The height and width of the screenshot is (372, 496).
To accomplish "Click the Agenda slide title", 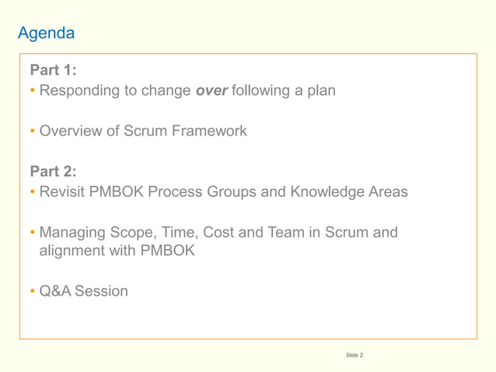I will [x=46, y=33].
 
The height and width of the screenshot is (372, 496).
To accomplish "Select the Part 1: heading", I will [x=53, y=70].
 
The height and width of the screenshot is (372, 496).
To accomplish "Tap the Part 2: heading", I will [x=53, y=171].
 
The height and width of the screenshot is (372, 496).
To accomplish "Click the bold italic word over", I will [x=211, y=91].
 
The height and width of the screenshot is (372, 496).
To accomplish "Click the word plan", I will [x=321, y=91].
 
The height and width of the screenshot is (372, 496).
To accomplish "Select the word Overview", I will [x=71, y=131].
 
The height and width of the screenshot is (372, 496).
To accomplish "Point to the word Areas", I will [x=386, y=191].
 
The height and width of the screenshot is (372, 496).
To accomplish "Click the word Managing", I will [x=73, y=232].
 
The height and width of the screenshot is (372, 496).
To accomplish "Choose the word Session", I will [x=101, y=292].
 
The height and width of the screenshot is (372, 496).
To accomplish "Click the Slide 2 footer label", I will [x=354, y=356].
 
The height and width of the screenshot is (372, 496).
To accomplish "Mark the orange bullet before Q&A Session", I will [x=33, y=292].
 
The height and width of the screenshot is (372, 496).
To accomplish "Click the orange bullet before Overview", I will [x=33, y=132].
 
